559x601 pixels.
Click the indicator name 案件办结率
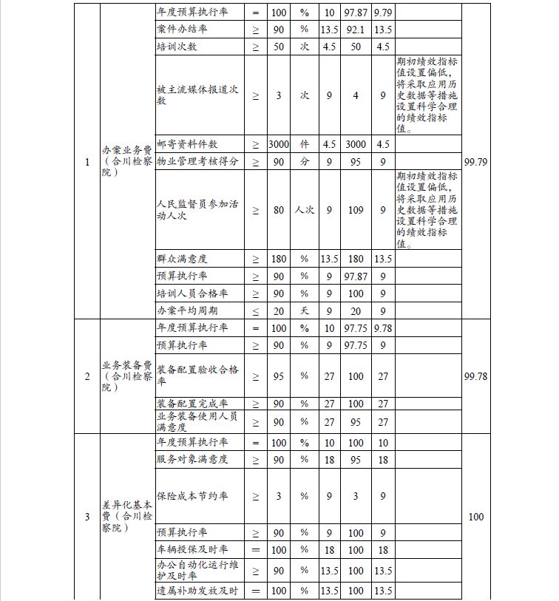182,30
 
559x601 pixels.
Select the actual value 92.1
356,30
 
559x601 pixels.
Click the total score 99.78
475,376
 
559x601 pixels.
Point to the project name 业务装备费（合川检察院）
127,376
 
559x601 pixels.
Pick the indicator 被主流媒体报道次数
197,95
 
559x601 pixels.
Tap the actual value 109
356,210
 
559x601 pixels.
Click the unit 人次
304,210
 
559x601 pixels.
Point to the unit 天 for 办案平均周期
304,310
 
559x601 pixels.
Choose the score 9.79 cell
382,13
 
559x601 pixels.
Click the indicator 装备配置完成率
192,404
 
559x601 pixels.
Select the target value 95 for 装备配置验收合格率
279,376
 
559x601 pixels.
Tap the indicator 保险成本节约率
192,496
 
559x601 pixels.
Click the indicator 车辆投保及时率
192,550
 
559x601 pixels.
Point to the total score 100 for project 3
475,517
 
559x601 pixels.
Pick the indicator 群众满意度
182,259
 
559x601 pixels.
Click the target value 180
279,259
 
